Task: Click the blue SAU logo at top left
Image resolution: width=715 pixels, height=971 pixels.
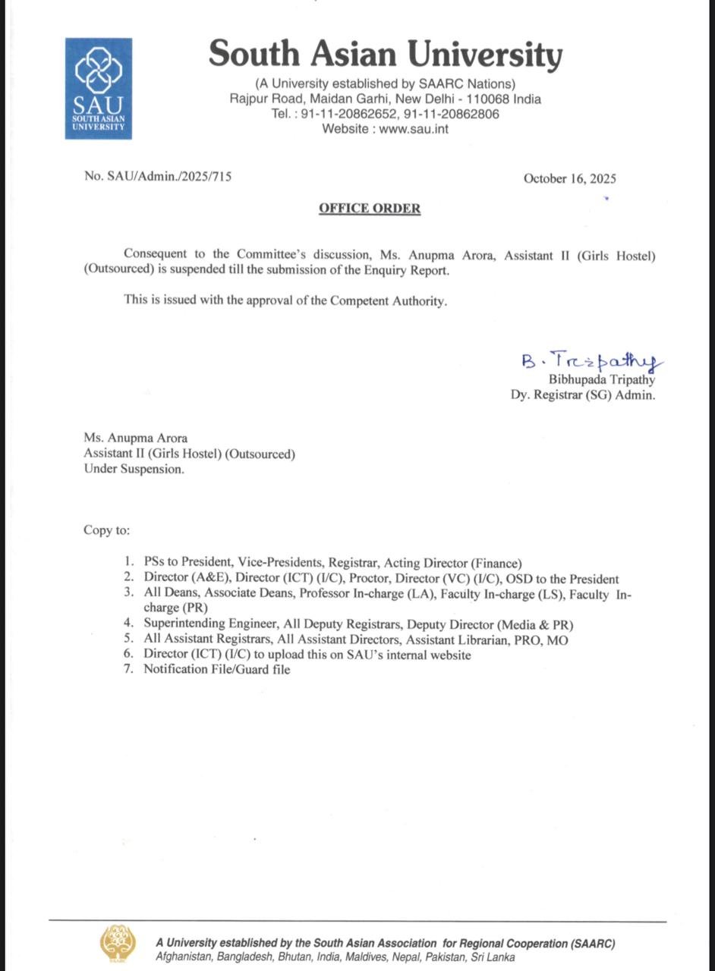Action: [98, 89]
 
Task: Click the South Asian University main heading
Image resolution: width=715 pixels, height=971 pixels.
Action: [386, 55]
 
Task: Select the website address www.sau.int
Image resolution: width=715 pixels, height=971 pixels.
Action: [414, 129]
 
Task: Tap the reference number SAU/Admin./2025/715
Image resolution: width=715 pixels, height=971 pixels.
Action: [169, 177]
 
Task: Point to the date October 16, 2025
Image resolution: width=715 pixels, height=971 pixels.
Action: [569, 179]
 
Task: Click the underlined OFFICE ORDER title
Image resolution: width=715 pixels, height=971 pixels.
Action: [370, 208]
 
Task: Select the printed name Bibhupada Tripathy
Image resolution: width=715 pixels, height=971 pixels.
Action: [601, 380]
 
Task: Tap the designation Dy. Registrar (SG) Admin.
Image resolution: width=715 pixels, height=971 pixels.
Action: [582, 394]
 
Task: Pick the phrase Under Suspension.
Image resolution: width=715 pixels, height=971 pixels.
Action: [134, 469]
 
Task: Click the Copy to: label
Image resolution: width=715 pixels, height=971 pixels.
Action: [106, 530]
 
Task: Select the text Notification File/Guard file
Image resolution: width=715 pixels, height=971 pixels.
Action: [216, 669]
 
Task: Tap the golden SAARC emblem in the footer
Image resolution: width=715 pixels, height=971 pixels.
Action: [114, 944]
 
